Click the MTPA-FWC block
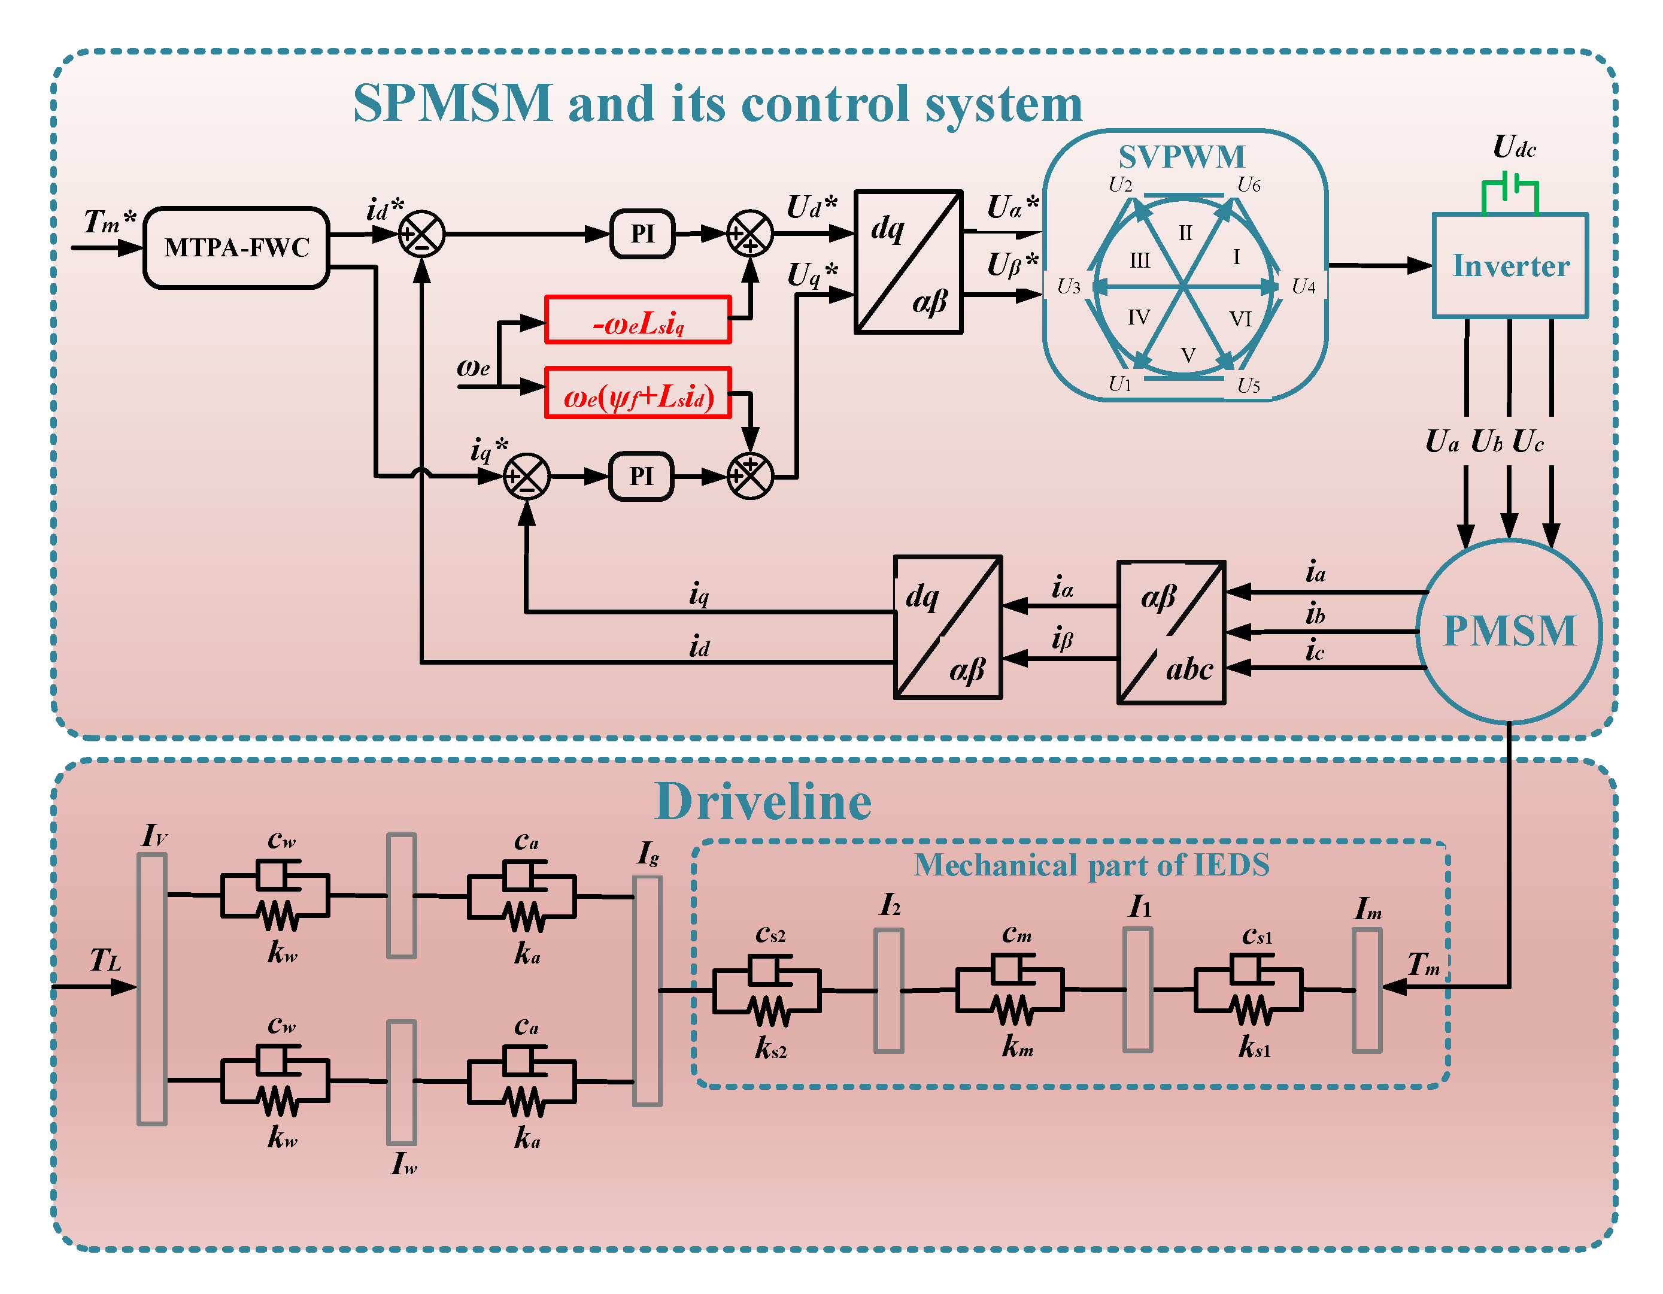(236, 247)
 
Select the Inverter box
(1510, 265)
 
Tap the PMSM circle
(1509, 631)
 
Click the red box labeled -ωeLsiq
(638, 320)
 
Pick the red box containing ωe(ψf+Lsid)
(638, 393)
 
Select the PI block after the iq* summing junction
(642, 477)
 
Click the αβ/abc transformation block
(1171, 632)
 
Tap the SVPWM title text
(1182, 157)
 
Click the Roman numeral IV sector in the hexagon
(1139, 317)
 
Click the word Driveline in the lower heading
(763, 802)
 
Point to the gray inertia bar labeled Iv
(152, 989)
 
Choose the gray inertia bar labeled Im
(1367, 990)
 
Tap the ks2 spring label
(770, 1048)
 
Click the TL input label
(105, 960)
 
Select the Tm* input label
(110, 222)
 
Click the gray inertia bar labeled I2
(888, 991)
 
